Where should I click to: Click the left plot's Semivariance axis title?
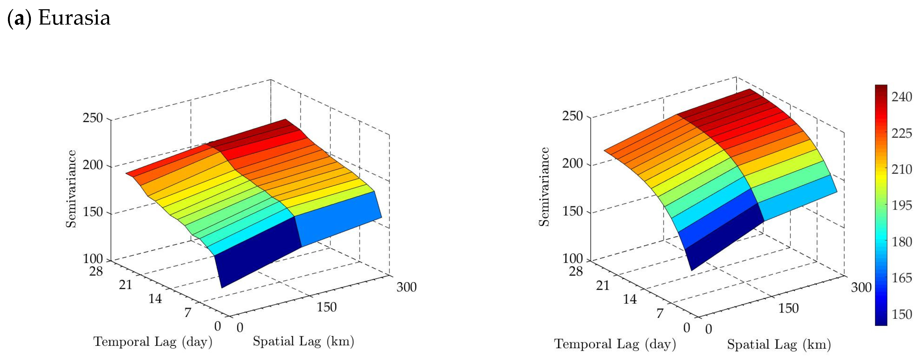click(71, 189)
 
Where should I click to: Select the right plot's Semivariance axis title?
click(544, 186)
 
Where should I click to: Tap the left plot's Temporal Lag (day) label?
click(153, 342)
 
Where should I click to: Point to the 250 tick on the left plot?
click(93, 118)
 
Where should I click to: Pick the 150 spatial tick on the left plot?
click(327, 307)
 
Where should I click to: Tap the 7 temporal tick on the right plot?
click(660, 314)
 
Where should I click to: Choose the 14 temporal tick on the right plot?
click(630, 299)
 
